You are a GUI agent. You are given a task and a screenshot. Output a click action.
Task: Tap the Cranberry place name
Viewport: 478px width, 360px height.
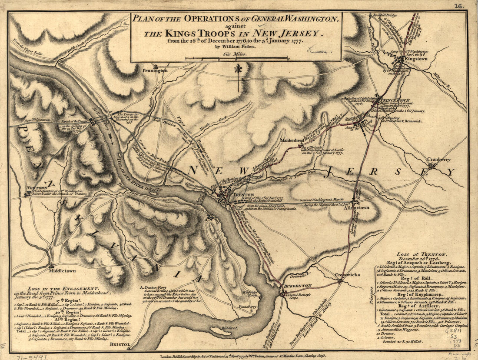coord(438,160)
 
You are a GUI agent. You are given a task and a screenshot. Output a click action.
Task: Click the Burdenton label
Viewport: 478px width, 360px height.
coord(298,286)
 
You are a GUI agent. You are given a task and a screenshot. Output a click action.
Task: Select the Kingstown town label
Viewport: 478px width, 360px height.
coord(416,59)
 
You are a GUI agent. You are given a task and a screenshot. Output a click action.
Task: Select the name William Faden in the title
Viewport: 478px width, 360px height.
coord(237,48)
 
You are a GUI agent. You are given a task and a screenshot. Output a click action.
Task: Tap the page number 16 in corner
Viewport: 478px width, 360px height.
coord(460,6)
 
